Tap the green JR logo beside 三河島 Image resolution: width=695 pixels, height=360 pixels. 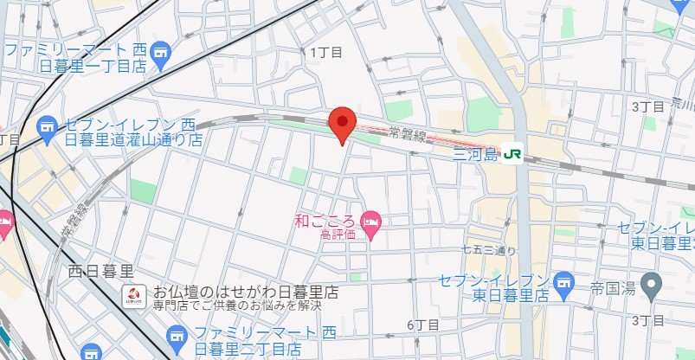click(x=513, y=153)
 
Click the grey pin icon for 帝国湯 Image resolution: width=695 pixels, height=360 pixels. click(x=653, y=282)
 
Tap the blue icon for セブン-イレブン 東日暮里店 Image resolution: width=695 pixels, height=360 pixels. click(x=564, y=281)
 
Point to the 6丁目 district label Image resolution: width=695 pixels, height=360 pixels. click(x=422, y=325)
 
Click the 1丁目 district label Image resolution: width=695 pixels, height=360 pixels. click(x=326, y=52)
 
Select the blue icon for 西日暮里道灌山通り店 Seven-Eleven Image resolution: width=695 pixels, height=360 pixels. click(x=48, y=131)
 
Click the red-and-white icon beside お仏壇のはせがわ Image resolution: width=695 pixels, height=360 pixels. click(x=133, y=294)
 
